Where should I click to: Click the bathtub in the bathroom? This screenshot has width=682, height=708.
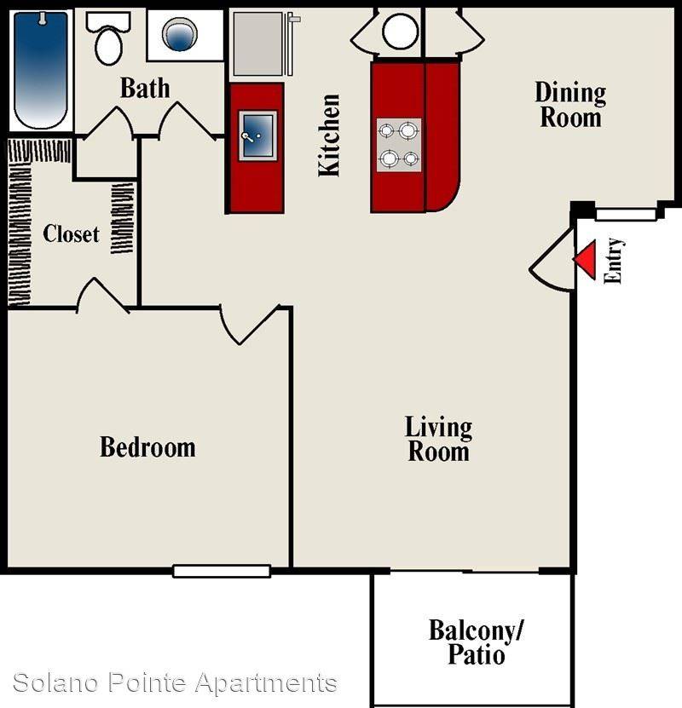(x=41, y=70)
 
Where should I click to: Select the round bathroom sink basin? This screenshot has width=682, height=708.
(x=180, y=34)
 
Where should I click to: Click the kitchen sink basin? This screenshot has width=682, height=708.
(x=258, y=135)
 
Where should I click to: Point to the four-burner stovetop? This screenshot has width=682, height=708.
(x=399, y=145)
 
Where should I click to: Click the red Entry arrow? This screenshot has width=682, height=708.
(x=585, y=260)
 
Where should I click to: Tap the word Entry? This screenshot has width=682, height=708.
(x=613, y=261)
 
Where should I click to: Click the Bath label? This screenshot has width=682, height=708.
(x=145, y=88)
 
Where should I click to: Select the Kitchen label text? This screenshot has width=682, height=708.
(x=329, y=135)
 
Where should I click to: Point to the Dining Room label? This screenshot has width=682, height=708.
(x=571, y=105)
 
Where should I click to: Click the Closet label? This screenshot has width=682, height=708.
(x=71, y=234)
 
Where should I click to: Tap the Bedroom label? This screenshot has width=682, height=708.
(x=147, y=447)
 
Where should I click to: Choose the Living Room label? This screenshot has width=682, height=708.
(x=438, y=439)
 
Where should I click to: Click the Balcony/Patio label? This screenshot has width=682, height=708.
(x=476, y=642)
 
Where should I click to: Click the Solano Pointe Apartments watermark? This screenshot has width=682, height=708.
(x=176, y=682)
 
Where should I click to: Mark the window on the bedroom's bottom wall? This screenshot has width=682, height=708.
(x=222, y=571)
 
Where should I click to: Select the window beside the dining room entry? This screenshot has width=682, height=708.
(x=626, y=215)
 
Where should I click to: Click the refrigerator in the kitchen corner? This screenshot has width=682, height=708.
(x=258, y=43)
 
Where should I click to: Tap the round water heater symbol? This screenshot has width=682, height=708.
(x=400, y=32)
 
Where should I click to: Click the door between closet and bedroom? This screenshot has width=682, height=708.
(x=103, y=296)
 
